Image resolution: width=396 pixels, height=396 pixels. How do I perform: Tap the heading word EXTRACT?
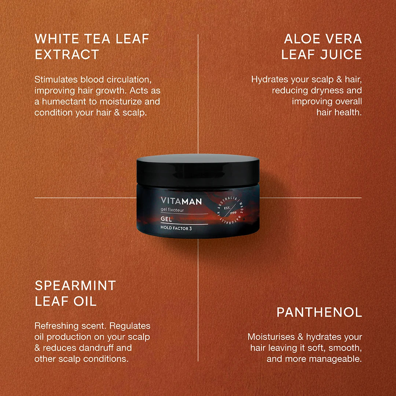(67, 55)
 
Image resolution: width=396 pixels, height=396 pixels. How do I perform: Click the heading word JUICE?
(341, 55)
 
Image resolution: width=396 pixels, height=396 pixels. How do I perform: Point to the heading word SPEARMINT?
(75, 285)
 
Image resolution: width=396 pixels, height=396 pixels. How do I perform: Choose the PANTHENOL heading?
(319, 312)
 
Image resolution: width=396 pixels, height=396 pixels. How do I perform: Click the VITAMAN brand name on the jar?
(181, 201)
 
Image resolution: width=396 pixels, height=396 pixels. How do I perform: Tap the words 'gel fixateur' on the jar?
(172, 210)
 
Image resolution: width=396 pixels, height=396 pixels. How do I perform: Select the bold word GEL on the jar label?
(166, 219)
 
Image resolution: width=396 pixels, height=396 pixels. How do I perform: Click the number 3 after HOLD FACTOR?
(190, 228)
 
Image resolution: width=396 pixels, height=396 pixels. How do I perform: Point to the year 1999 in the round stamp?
(233, 213)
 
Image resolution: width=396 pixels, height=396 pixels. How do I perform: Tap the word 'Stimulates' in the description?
(56, 80)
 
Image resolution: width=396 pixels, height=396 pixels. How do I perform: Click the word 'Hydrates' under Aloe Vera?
(269, 80)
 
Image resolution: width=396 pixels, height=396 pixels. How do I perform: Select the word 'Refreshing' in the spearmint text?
(56, 326)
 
